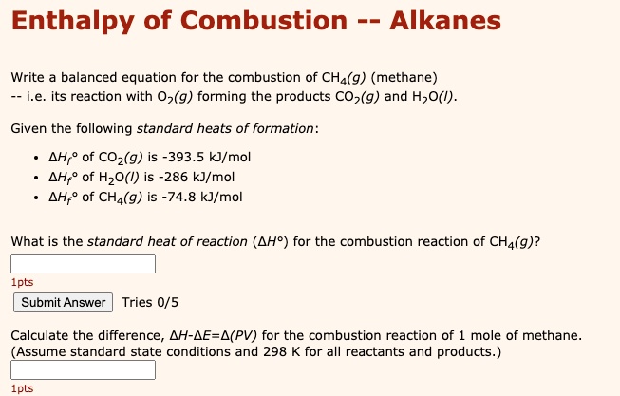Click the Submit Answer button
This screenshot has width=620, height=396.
pos(63,303)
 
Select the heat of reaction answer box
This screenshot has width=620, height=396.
pos(83,263)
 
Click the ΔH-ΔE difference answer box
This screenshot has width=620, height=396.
pos(83,370)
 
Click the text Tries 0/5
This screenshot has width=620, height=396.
pos(150,303)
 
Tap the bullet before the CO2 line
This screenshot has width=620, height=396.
pos(36,157)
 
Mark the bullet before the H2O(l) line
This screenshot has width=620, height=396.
pos(36,178)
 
